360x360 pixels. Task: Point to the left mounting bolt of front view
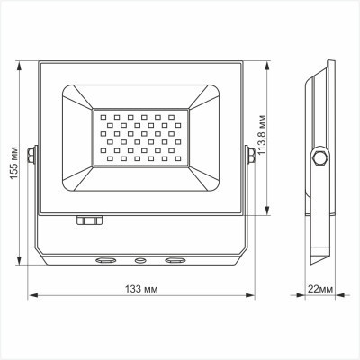[33, 157]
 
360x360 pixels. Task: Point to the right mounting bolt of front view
[249, 157]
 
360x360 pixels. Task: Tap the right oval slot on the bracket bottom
[173, 262]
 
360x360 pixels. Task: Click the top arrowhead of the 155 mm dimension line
[22, 65]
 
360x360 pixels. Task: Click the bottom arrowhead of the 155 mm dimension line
[22, 265]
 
